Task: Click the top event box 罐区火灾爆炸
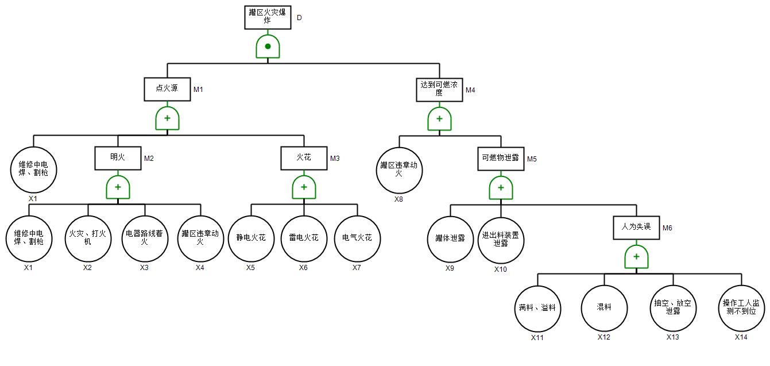click(x=268, y=17)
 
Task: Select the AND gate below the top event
click(x=268, y=47)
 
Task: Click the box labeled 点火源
click(x=167, y=90)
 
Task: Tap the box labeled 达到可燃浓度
click(x=439, y=90)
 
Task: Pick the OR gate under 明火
click(x=118, y=187)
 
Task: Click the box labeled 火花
click(x=304, y=158)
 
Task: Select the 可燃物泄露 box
click(x=501, y=159)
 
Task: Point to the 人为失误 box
click(x=636, y=228)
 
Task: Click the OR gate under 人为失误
click(x=636, y=257)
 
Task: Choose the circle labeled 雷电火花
click(x=304, y=238)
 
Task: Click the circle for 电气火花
click(x=357, y=238)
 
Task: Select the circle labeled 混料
click(x=604, y=308)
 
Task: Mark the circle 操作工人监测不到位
click(x=741, y=308)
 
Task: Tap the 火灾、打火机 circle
click(x=87, y=238)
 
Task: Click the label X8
click(x=399, y=199)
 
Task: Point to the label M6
click(x=667, y=228)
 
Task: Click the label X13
click(x=673, y=337)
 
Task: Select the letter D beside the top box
click(x=299, y=18)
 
